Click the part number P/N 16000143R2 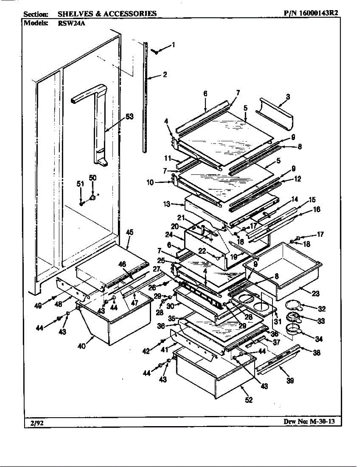click(x=311, y=13)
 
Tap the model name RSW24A click(x=69, y=23)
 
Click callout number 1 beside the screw click(x=173, y=45)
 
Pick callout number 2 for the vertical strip click(x=165, y=75)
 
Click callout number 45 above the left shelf click(x=130, y=232)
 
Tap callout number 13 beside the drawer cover click(x=167, y=204)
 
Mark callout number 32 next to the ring click(x=321, y=309)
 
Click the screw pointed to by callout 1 click(x=156, y=51)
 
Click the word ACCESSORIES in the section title click(x=130, y=14)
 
